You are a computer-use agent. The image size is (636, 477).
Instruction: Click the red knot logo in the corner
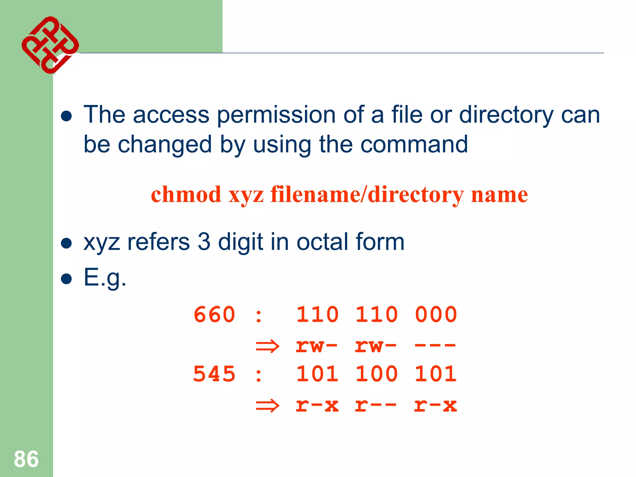click(x=50, y=45)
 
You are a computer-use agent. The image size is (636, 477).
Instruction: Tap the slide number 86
click(x=26, y=459)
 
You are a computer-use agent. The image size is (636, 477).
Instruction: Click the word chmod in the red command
click(x=186, y=195)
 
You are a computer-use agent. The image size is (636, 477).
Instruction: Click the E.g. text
click(x=105, y=277)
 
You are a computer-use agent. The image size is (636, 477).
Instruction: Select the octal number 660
click(x=214, y=315)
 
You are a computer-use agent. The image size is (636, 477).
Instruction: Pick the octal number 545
click(x=214, y=374)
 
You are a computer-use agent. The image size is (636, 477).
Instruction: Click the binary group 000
click(x=436, y=315)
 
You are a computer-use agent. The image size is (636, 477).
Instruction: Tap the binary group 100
click(x=376, y=374)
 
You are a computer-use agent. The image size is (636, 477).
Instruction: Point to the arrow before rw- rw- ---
click(x=267, y=346)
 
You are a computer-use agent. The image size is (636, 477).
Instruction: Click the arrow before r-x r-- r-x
click(x=267, y=406)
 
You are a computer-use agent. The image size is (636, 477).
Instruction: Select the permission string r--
click(x=376, y=406)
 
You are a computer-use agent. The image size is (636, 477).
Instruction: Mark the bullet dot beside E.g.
click(x=66, y=279)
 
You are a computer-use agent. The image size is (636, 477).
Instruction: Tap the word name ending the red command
click(x=499, y=195)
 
